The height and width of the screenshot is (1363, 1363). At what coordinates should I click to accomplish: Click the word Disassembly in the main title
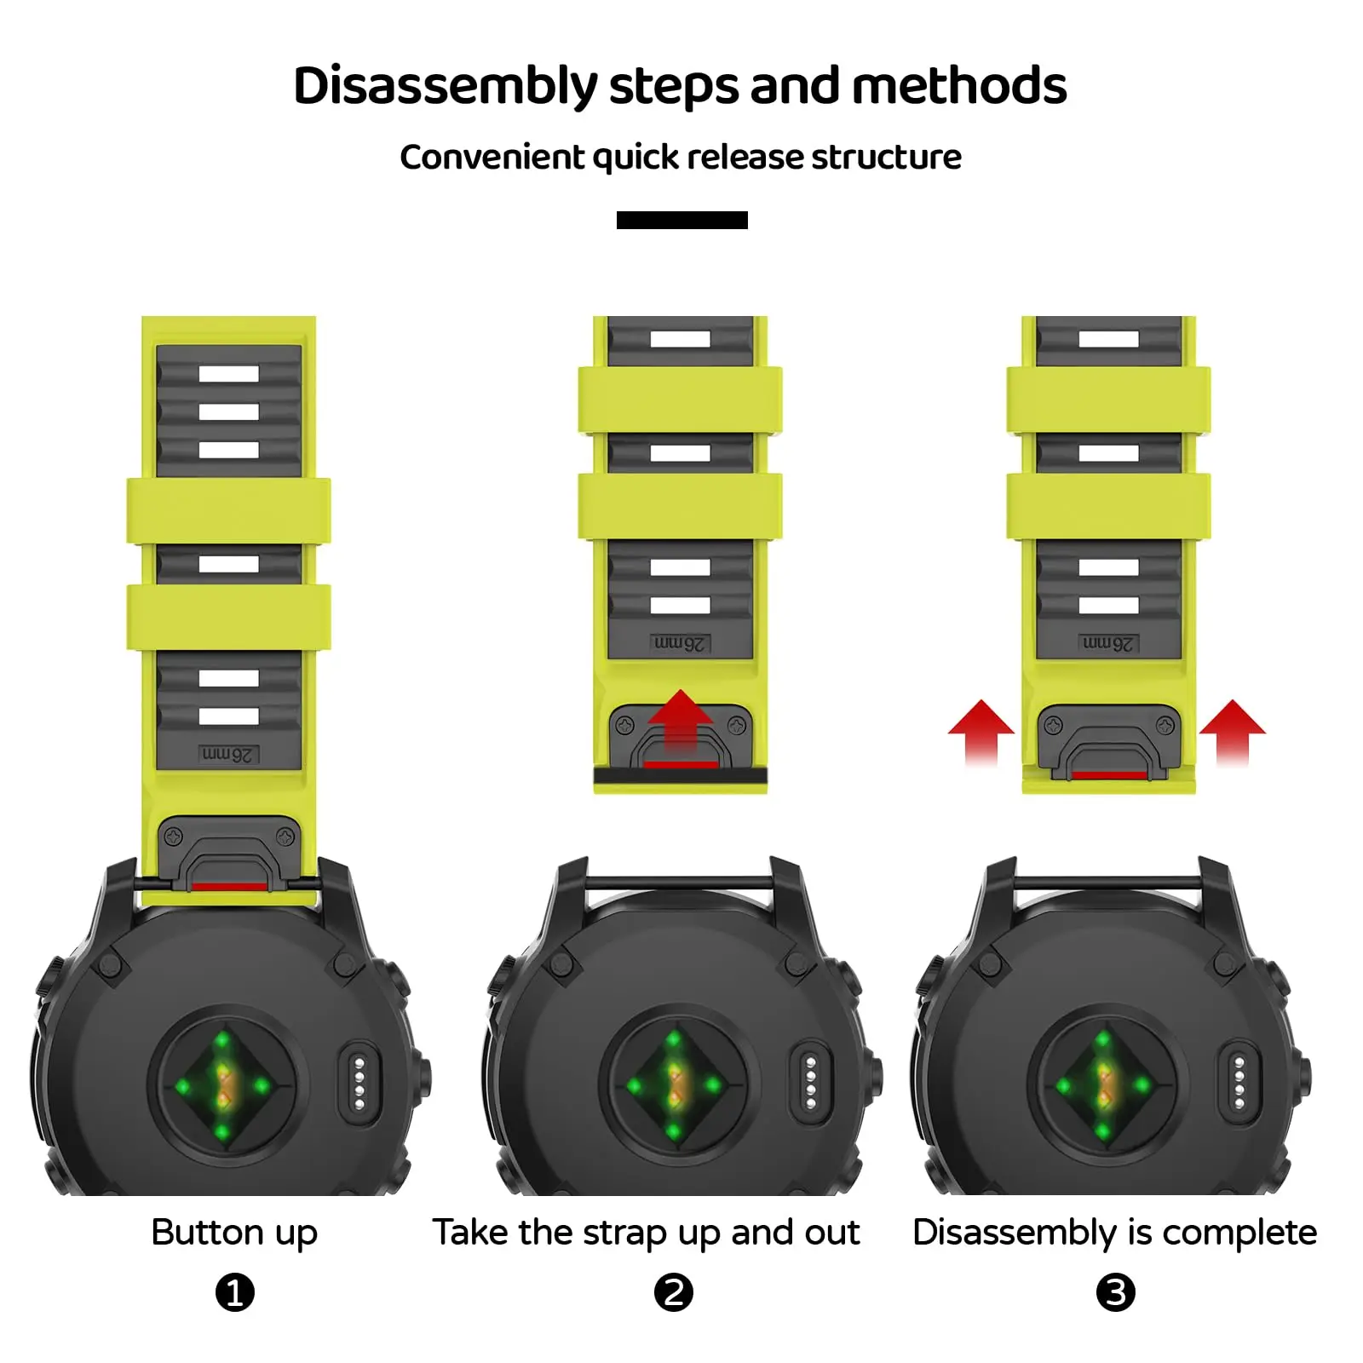click(x=446, y=87)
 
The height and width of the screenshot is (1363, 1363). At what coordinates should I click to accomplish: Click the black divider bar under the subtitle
click(x=681, y=221)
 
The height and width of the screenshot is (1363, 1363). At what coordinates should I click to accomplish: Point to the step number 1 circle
click(x=235, y=1292)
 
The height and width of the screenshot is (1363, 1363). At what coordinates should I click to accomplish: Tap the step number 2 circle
click(x=673, y=1292)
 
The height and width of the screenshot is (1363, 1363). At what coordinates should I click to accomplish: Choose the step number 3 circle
click(x=1115, y=1292)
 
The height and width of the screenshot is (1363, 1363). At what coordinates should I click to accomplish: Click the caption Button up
click(x=234, y=1233)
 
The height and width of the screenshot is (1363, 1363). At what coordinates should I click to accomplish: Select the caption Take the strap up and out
click(x=646, y=1233)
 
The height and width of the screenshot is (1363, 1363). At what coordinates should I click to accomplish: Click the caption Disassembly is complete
click(x=1114, y=1233)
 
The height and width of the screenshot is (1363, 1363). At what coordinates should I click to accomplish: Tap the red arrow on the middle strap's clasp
click(x=680, y=720)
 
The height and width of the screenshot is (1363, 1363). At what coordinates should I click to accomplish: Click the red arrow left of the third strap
click(x=981, y=729)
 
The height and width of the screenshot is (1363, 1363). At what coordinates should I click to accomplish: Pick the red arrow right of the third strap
click(x=1233, y=729)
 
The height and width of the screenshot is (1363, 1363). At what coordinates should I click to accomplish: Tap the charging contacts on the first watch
click(x=359, y=1082)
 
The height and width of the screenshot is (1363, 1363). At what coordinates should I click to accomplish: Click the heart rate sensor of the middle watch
click(x=673, y=1085)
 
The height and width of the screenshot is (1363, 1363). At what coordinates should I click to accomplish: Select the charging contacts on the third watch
click(x=1239, y=1082)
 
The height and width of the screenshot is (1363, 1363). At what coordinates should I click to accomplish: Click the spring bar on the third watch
click(x=1107, y=883)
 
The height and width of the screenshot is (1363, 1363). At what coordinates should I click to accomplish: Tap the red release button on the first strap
click(x=228, y=887)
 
